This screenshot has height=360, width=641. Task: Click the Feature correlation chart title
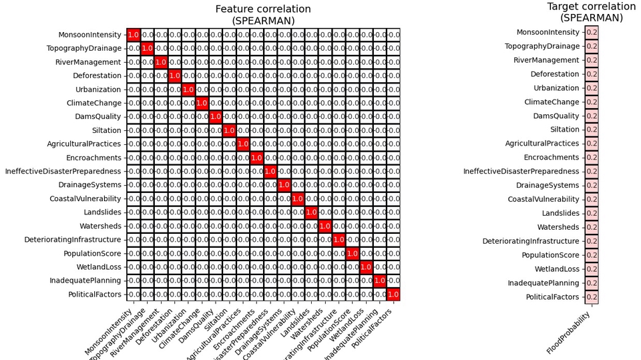click(x=263, y=15)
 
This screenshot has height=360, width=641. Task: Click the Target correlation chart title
click(x=591, y=12)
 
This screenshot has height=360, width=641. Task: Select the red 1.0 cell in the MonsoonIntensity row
click(x=133, y=35)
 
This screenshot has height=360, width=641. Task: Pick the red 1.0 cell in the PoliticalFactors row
click(x=393, y=294)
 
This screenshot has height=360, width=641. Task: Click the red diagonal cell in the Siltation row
click(x=229, y=130)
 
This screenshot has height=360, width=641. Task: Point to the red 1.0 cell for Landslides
click(x=311, y=212)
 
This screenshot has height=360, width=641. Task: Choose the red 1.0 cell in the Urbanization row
click(x=188, y=89)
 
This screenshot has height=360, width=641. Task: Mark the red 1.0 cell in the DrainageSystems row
click(x=284, y=185)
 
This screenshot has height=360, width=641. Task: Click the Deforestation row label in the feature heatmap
click(x=97, y=75)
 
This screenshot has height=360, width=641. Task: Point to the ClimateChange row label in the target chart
click(x=552, y=102)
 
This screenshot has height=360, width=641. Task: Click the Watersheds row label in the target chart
click(x=558, y=227)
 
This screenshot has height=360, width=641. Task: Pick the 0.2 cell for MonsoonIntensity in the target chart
click(x=592, y=32)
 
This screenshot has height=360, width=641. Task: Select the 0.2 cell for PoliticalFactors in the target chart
click(x=592, y=297)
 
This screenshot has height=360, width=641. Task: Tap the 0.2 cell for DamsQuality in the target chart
click(x=592, y=116)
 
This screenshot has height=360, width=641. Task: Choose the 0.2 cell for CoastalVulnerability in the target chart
click(x=592, y=199)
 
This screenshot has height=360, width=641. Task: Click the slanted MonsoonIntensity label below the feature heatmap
click(x=111, y=333)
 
